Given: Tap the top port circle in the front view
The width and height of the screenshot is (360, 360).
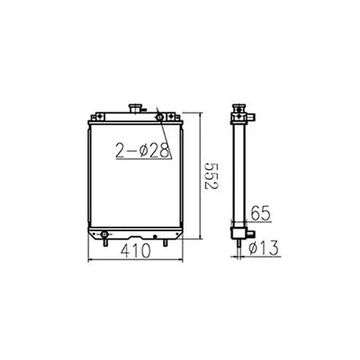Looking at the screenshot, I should point(159,116).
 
